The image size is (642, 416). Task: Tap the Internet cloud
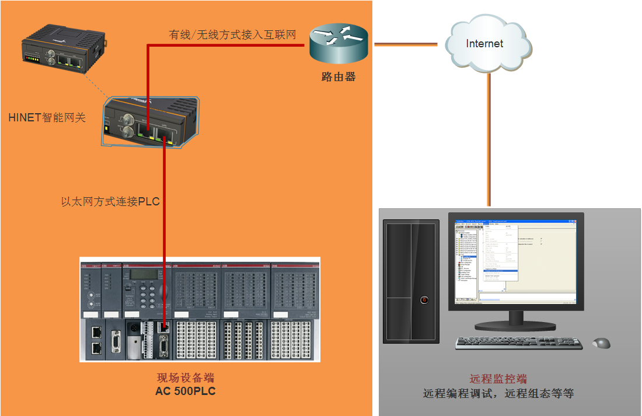click(x=485, y=44)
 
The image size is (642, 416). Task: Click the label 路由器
click(x=339, y=76)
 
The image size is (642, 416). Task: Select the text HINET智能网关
click(x=47, y=117)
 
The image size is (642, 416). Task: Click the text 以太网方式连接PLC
click(x=110, y=202)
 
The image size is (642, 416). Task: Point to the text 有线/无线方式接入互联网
click(x=232, y=35)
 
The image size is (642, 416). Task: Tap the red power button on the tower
click(x=425, y=300)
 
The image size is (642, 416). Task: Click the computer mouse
click(x=601, y=342)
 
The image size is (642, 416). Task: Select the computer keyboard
click(x=519, y=343)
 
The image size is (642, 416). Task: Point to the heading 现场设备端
click(x=186, y=378)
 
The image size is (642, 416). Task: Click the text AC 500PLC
click(x=186, y=391)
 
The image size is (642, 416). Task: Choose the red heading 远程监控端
click(x=498, y=379)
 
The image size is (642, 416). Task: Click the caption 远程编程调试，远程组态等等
click(x=498, y=393)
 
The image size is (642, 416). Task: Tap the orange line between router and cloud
click(x=406, y=44)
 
